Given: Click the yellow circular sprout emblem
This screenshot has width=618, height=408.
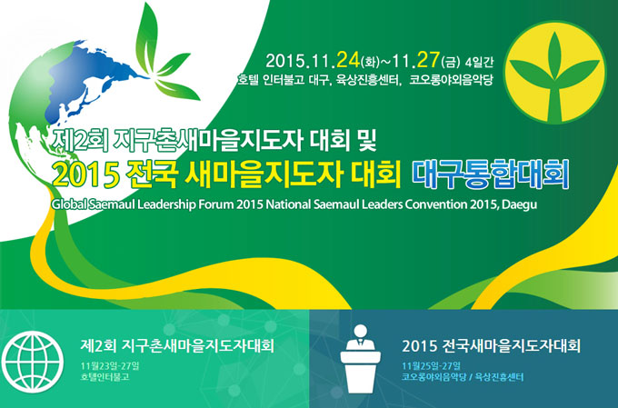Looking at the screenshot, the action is point(555,72).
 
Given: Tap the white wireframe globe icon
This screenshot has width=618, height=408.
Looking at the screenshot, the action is point(33,362).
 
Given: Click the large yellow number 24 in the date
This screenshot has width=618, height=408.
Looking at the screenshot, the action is point(347,60).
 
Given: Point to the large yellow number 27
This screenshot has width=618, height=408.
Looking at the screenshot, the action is point(428,60).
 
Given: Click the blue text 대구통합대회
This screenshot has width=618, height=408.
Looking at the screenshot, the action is point(491,174).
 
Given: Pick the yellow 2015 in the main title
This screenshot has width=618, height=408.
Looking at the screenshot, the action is point(86,174).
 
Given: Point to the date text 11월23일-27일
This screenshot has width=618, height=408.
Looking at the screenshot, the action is point(110,366).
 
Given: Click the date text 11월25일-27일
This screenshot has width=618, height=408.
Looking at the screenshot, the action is point(431,366).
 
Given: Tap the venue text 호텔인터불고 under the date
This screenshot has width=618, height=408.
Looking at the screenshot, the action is point(105,377).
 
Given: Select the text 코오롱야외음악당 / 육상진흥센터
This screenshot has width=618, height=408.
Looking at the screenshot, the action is point(463,377).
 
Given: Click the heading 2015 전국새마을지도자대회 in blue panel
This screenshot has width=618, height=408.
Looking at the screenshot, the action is point(491,346).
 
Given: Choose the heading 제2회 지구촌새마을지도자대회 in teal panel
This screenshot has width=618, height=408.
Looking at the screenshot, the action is point(177,346).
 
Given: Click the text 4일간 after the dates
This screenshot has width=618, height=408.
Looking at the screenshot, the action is point(479,63).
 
